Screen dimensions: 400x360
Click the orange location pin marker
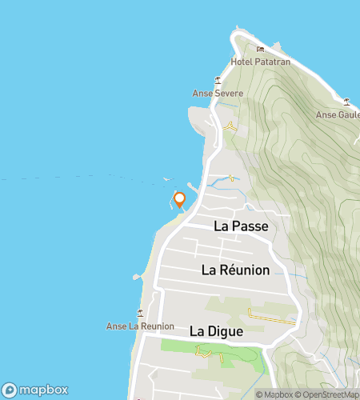click(x=180, y=200)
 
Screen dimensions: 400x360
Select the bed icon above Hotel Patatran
click(x=260, y=50)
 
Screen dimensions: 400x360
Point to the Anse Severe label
click(x=218, y=93)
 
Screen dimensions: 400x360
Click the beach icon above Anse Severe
click(x=218, y=80)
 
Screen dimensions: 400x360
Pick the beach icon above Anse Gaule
click(x=346, y=102)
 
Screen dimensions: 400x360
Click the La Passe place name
click(x=240, y=226)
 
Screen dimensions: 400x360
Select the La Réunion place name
click(x=235, y=270)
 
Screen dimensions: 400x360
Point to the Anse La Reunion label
click(x=140, y=326)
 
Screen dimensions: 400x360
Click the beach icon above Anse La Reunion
click(x=141, y=313)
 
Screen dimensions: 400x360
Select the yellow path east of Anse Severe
click(x=231, y=126)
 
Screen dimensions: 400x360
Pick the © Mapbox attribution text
click(x=274, y=394)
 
